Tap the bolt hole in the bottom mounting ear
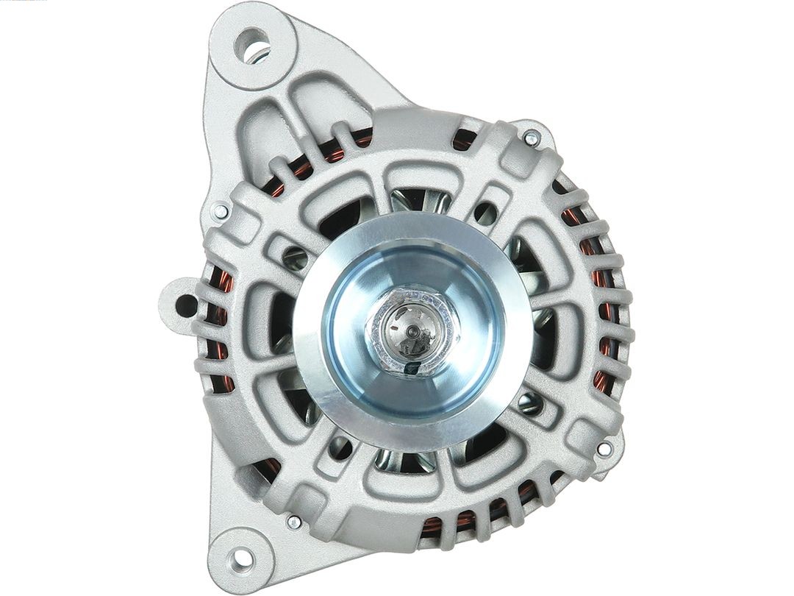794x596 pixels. click(242, 558)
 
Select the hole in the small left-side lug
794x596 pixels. click(186, 305)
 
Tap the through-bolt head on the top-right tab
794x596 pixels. click(531, 137)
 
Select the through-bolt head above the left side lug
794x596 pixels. click(219, 211)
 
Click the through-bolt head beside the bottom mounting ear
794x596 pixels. click(293, 522)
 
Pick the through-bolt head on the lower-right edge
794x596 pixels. click(604, 448)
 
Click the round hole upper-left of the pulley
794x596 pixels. click(296, 256)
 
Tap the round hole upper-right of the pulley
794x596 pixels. click(486, 213)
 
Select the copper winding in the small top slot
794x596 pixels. click(462, 140)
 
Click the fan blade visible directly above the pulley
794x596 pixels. click(412, 200)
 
